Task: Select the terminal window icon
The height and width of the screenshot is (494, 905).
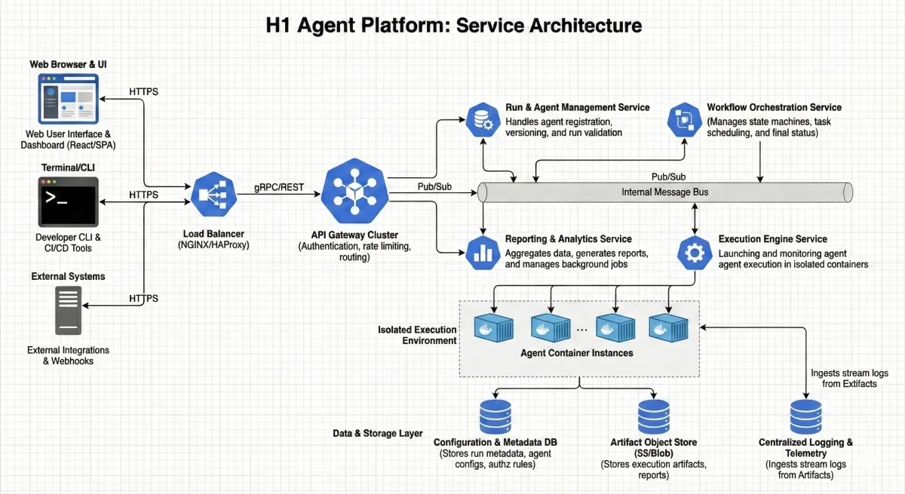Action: pos(68,200)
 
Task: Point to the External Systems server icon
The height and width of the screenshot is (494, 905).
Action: pos(68,311)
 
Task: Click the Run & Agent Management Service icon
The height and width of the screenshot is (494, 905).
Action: pos(481,120)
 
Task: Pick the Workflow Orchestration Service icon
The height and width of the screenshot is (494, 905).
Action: pos(685,120)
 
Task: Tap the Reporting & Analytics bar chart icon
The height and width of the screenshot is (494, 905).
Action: pos(481,252)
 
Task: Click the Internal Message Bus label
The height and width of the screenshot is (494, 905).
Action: pos(664,192)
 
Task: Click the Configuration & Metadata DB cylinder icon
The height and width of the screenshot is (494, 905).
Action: pos(495,416)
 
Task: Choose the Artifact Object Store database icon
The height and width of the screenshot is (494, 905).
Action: pos(654,416)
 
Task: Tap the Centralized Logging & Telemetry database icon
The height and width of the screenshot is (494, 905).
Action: pos(805,416)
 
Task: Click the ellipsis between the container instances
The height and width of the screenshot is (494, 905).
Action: pos(582,330)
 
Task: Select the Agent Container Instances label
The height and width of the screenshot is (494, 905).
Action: pos(577,353)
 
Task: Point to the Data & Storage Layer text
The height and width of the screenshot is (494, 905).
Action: pos(378,434)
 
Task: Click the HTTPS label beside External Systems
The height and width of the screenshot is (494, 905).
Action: pos(143,299)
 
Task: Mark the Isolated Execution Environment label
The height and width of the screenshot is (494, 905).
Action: pos(417,335)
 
